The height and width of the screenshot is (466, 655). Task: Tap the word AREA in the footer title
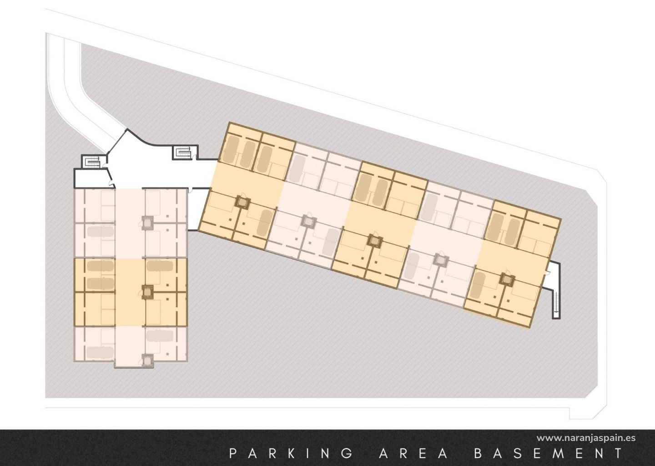point(413,454)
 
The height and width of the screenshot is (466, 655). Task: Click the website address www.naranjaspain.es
point(586,438)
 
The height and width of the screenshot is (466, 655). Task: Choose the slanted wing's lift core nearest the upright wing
point(243,203)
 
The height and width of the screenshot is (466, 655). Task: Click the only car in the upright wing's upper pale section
point(100,231)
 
